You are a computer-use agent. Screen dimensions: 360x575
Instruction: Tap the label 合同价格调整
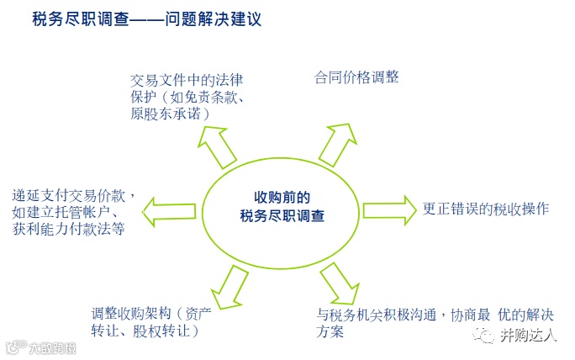(356, 78)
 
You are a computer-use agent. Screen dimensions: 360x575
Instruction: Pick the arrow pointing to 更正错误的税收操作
(388, 207)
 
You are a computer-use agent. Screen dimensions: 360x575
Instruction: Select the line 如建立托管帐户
(61, 213)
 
